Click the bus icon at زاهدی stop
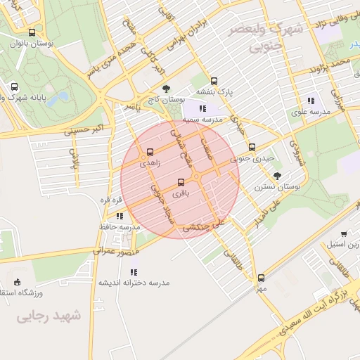150,152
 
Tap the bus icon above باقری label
183,181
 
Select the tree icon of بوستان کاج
166,89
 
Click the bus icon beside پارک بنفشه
214,80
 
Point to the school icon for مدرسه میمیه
202,108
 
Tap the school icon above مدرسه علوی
311,101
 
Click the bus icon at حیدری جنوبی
252,147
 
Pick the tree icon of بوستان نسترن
278,176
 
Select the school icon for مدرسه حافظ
120,216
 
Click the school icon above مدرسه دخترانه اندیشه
134,271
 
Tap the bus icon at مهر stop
261,278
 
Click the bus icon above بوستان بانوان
32,32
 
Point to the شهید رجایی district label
50,316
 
